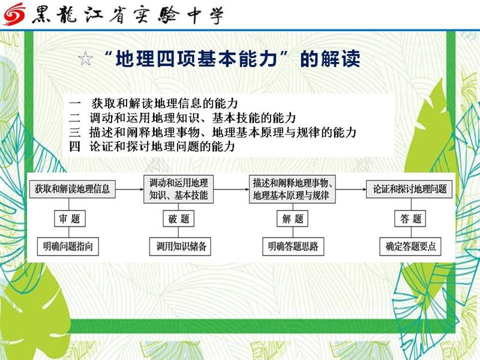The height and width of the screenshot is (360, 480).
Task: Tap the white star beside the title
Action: (x=85, y=58)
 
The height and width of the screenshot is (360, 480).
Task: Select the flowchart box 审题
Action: (x=70, y=218)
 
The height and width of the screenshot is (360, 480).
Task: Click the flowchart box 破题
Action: (x=178, y=218)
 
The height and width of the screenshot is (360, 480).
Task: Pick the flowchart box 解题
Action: (x=292, y=218)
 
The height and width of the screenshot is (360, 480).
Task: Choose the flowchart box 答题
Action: (x=410, y=218)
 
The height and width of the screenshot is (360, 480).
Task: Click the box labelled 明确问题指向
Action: (x=68, y=247)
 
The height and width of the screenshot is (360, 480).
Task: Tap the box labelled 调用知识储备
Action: (x=180, y=247)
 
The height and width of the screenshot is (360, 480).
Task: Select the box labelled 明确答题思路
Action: (x=293, y=247)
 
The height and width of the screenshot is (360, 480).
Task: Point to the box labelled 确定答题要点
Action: (x=410, y=247)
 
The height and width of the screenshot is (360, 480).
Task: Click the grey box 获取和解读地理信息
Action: (x=72, y=189)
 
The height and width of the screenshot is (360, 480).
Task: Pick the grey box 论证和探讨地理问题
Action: (x=409, y=189)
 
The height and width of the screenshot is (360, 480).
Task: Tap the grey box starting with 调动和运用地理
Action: (x=178, y=189)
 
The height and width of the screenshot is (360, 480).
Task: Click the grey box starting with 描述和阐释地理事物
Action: (x=292, y=189)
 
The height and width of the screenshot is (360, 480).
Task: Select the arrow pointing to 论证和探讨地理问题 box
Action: (x=351, y=189)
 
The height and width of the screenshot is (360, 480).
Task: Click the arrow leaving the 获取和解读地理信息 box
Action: (x=130, y=189)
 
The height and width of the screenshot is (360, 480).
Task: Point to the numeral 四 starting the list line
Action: (x=75, y=146)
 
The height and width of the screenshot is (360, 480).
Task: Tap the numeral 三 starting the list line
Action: (x=75, y=132)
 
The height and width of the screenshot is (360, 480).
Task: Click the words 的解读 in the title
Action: (x=330, y=59)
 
